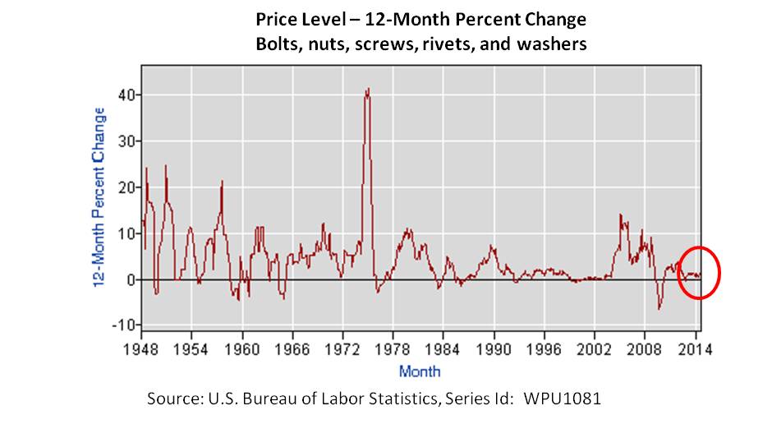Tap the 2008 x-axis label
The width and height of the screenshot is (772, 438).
pos(646,346)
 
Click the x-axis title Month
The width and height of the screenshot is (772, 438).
pos(419,371)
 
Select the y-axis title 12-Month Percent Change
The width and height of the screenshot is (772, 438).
pos(99,197)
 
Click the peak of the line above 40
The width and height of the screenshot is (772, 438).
pos(367,89)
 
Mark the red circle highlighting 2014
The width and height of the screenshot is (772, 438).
pos(699,272)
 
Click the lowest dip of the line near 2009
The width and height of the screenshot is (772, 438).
pos(659,309)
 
